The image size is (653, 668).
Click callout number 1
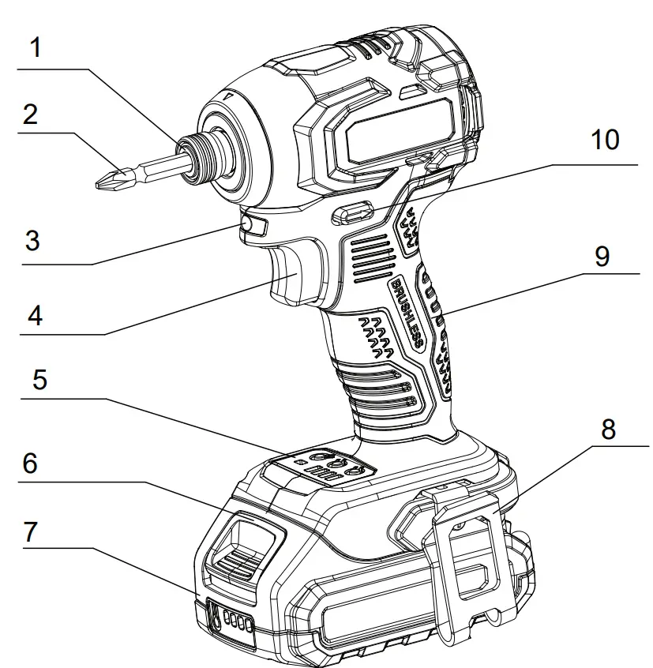[x=35, y=48]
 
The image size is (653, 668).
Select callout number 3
[x=32, y=239]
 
